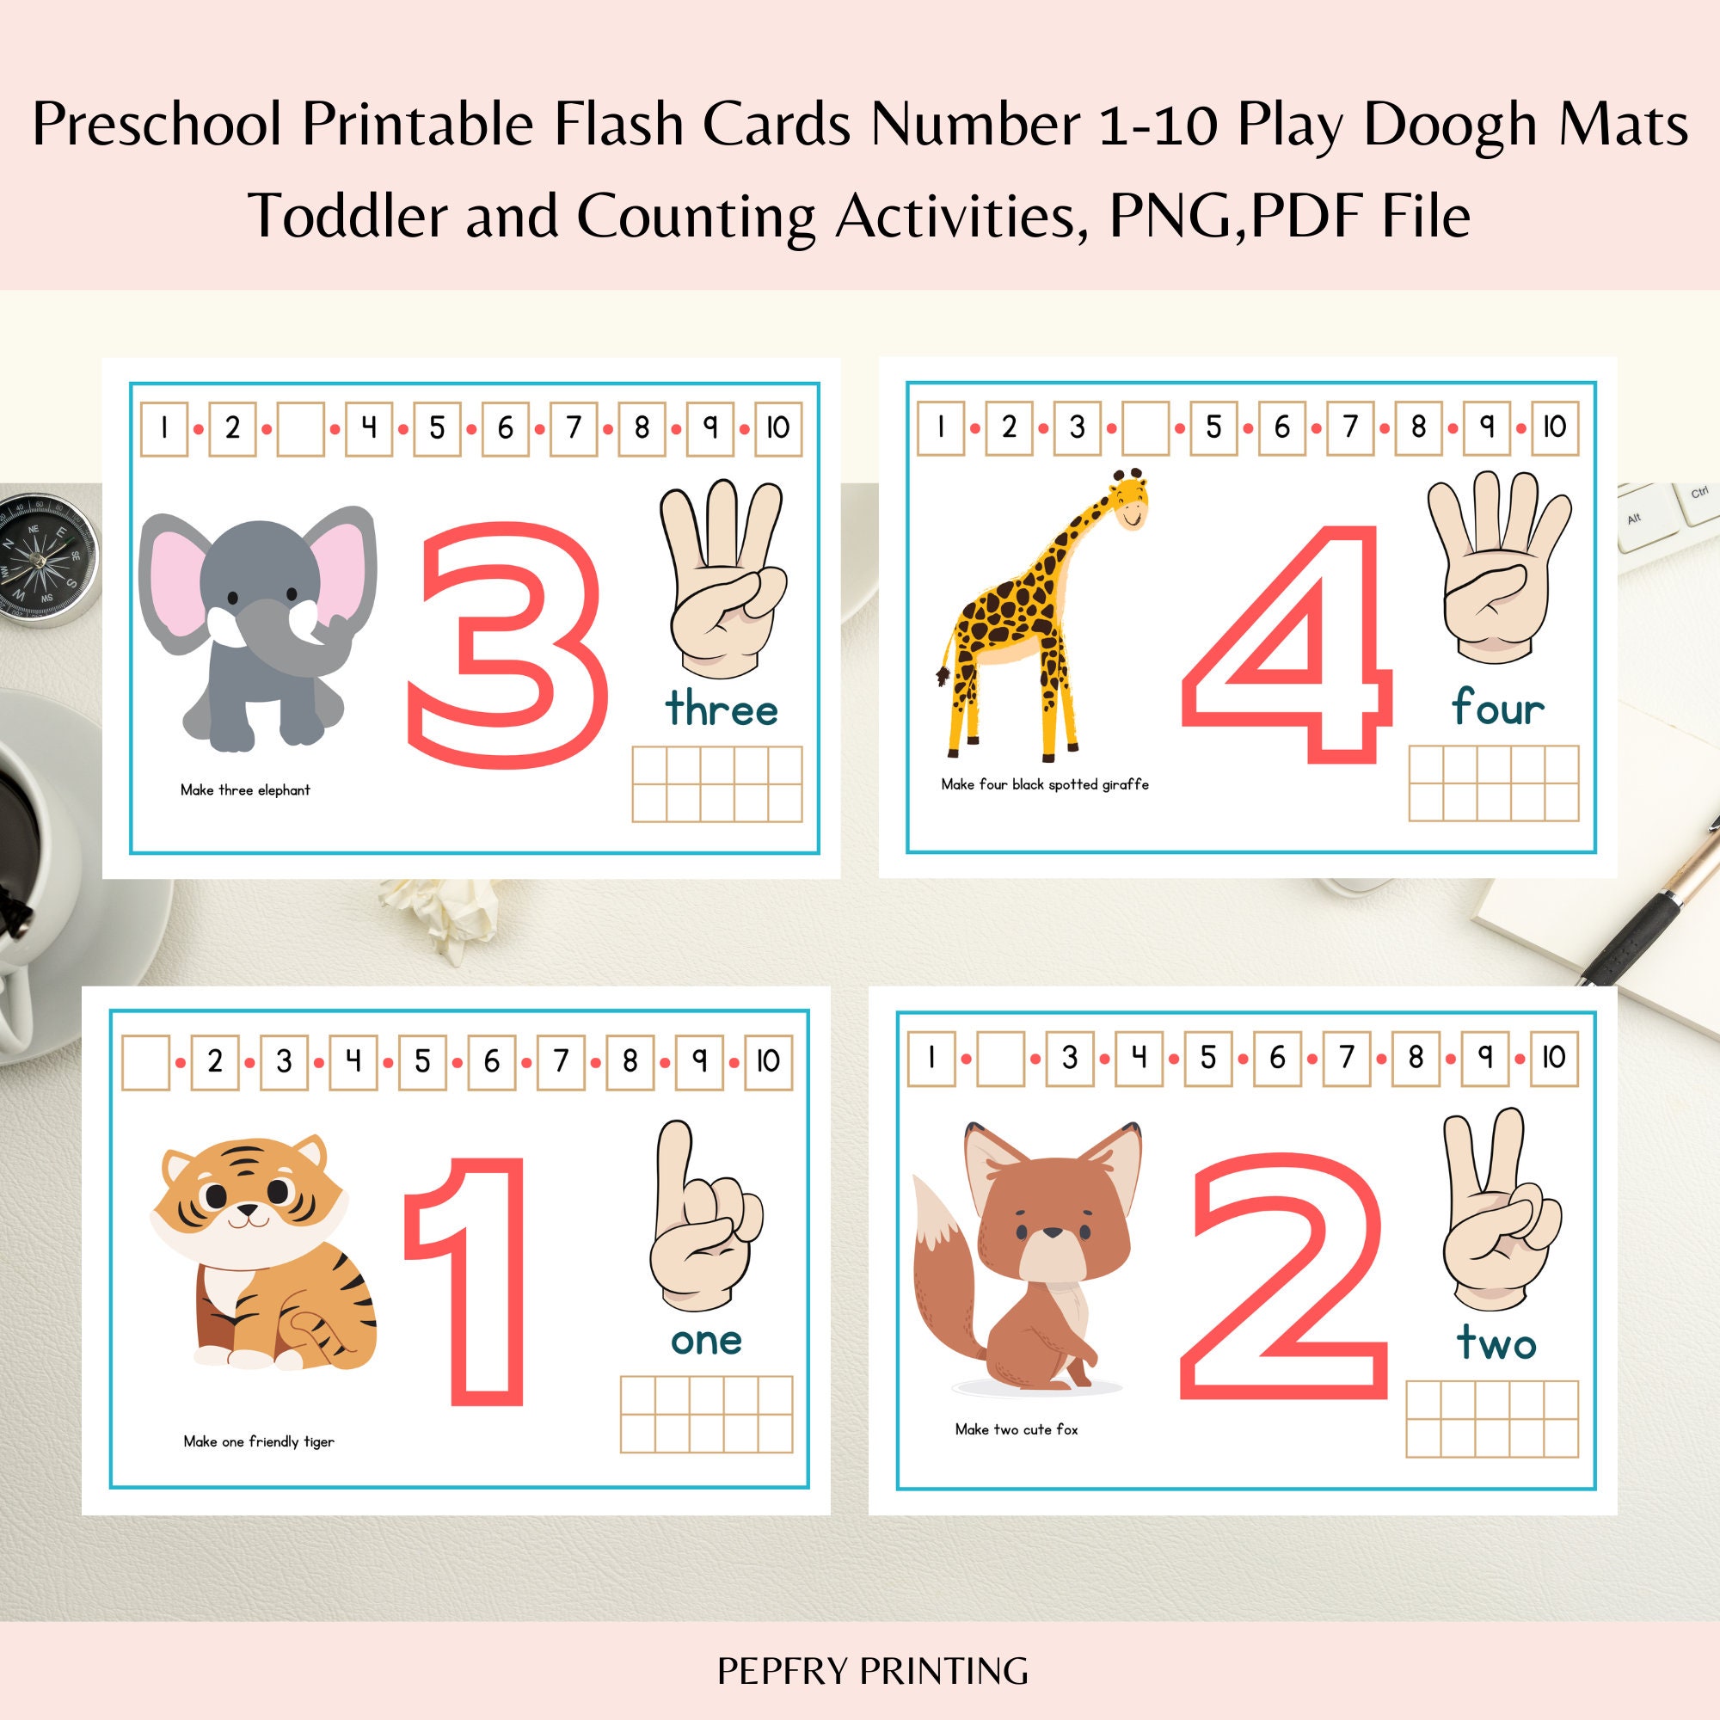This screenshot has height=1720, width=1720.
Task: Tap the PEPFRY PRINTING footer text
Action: click(871, 1671)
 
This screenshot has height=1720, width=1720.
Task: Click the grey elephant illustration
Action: click(258, 623)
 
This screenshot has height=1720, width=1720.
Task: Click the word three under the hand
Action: click(722, 709)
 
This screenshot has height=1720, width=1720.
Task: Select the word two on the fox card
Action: click(1496, 1343)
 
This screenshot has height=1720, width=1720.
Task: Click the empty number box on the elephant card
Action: click(301, 429)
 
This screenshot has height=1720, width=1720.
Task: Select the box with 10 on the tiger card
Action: click(767, 1061)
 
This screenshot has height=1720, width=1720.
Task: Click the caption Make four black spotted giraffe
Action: click(1044, 784)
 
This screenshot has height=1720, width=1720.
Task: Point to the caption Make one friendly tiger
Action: click(258, 1441)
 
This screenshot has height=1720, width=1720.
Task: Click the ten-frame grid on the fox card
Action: click(1492, 1419)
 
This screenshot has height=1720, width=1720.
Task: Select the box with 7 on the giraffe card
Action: click(1349, 427)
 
